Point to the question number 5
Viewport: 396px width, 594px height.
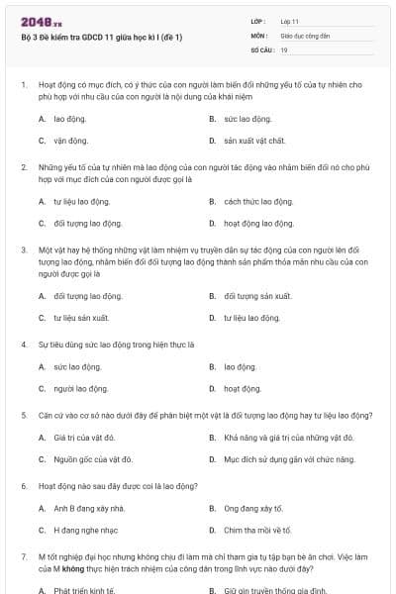[24, 413]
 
